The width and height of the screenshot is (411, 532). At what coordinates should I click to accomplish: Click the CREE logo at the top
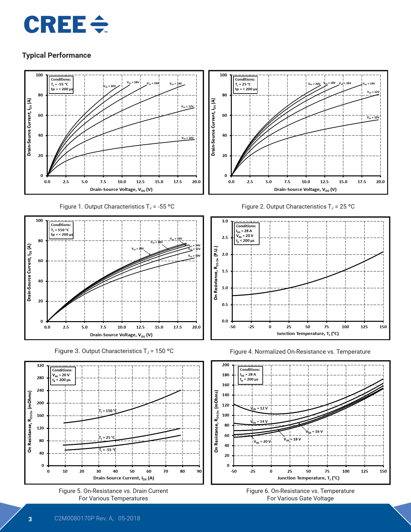66,25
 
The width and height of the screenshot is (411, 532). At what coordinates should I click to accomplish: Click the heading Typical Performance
56,55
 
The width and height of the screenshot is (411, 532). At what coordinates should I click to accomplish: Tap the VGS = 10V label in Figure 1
188,138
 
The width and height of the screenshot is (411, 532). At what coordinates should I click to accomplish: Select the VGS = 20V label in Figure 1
110,86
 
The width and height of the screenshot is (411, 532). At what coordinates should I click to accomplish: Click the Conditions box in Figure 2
246,84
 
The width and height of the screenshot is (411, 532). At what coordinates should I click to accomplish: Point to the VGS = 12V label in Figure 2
373,92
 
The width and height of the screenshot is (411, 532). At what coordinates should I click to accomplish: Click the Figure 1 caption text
117,207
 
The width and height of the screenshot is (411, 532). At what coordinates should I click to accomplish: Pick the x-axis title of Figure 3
121,335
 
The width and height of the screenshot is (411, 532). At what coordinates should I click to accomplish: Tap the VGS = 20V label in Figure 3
138,249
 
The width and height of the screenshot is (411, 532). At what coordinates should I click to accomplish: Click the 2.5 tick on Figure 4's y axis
225,238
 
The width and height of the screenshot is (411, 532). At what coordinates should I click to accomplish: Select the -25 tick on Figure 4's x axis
251,327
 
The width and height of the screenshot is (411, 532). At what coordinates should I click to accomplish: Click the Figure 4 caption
300,352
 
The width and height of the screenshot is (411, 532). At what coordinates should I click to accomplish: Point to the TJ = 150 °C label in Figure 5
108,411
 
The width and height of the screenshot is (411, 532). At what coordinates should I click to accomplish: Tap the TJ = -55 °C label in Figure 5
107,450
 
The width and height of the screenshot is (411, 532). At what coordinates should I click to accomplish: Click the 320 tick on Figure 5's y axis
40,366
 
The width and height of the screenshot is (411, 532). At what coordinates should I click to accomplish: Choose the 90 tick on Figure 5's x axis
199,471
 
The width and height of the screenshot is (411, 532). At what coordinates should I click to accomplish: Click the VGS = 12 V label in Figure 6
259,409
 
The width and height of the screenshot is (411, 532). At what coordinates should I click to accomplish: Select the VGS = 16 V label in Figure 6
314,432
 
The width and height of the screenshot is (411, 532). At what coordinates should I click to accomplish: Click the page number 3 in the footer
30,519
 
